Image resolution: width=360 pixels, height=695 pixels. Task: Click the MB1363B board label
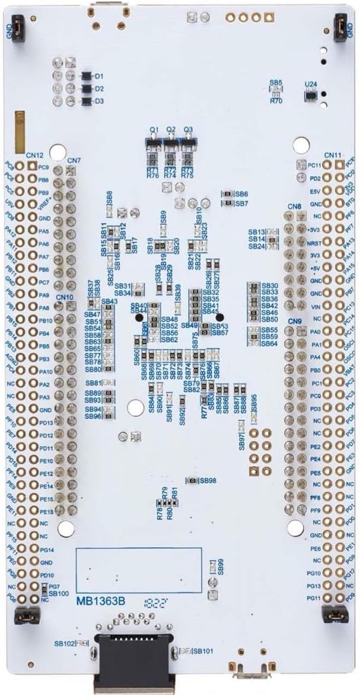(x=100, y=601)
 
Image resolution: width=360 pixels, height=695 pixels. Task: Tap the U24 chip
(x=310, y=94)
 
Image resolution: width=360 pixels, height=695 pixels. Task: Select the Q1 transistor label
(x=154, y=129)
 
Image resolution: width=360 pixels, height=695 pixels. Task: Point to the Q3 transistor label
(x=188, y=129)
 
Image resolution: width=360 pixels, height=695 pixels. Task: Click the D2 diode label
(x=100, y=89)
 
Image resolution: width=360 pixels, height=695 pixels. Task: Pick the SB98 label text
(x=208, y=480)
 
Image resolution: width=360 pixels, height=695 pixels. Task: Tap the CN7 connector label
(x=74, y=160)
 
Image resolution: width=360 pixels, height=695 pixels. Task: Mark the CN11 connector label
(x=333, y=155)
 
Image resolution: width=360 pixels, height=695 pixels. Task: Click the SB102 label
(x=64, y=643)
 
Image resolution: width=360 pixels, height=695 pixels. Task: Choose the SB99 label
(x=220, y=566)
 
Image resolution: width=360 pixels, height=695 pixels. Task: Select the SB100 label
(x=59, y=592)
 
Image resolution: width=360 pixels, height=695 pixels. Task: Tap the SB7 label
(x=241, y=203)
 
